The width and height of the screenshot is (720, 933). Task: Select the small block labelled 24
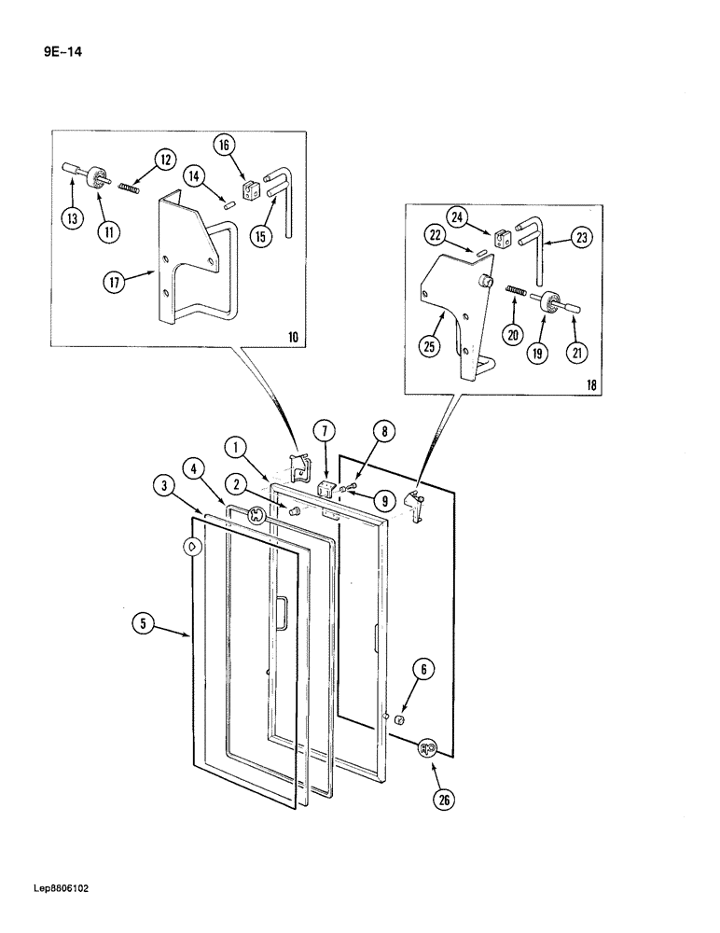(501, 240)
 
